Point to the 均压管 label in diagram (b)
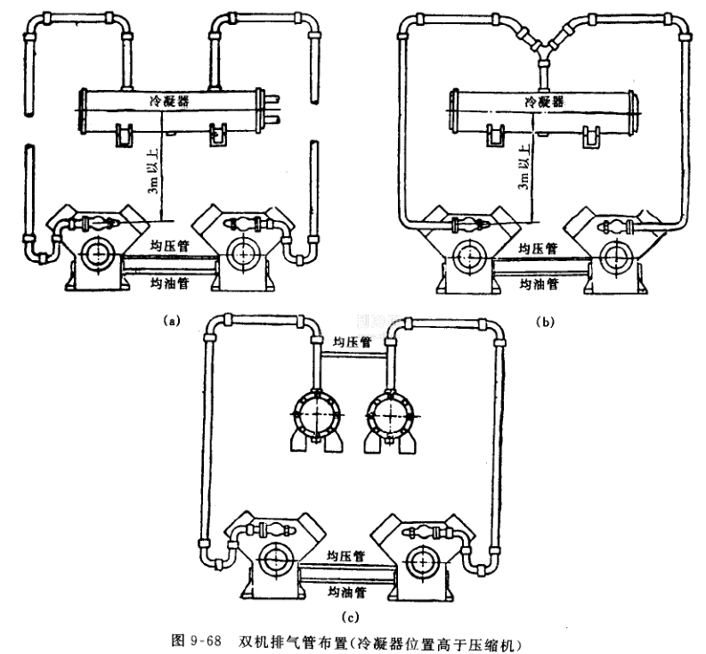tap(540, 247)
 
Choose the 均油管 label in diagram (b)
tap(540, 283)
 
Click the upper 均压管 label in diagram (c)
tap(348, 340)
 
